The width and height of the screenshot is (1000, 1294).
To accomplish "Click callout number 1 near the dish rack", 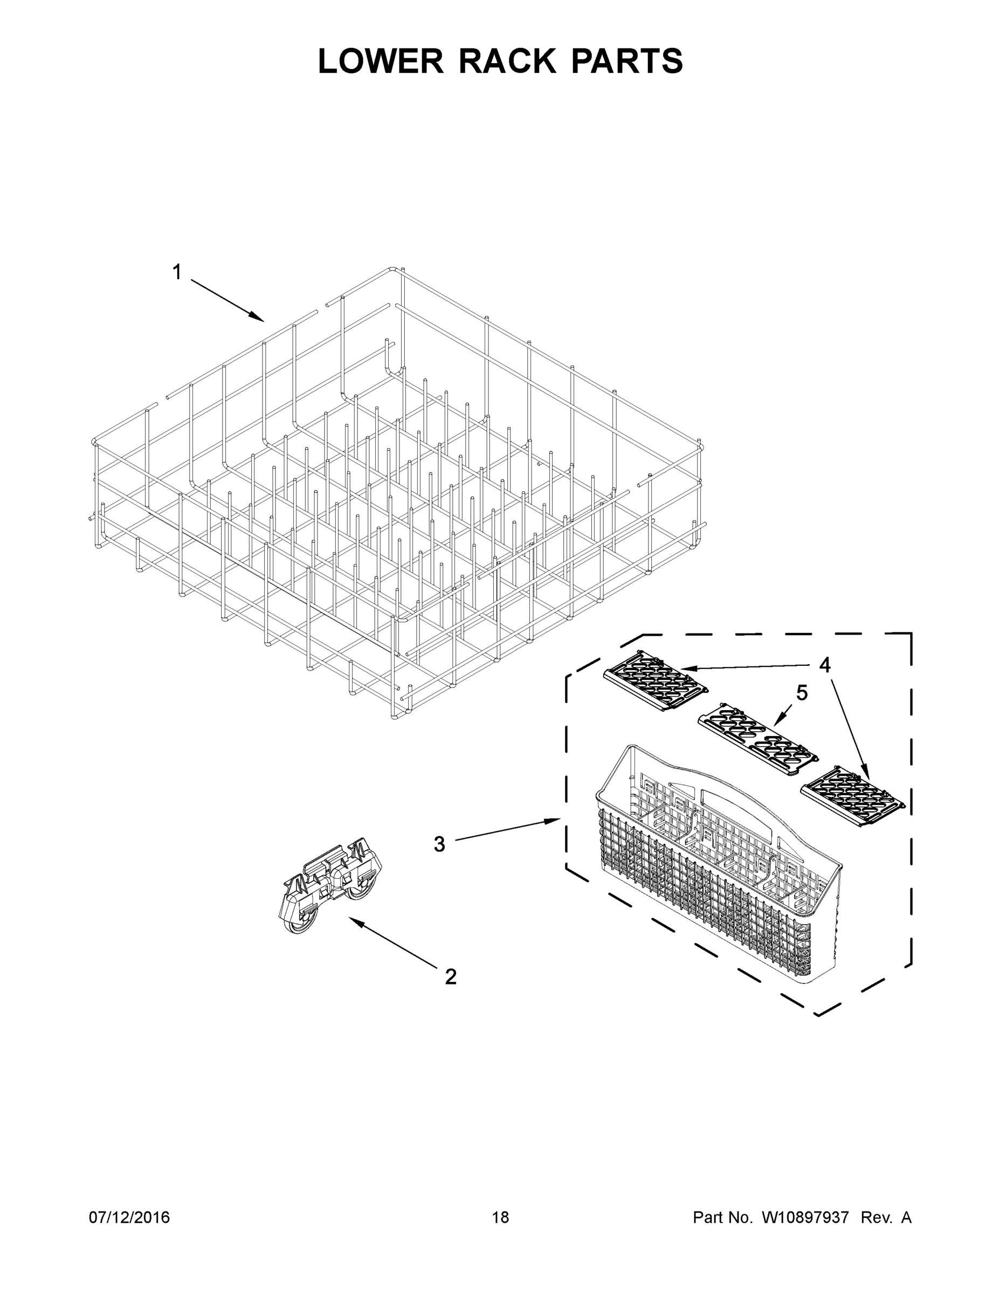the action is click(x=176, y=272).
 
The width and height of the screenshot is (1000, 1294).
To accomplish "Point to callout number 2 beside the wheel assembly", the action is click(x=451, y=977).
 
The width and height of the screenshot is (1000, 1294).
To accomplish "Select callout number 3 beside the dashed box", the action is click(x=439, y=844).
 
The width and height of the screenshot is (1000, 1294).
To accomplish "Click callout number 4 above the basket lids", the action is click(x=825, y=665).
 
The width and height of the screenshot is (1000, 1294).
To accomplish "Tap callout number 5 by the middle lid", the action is click(x=802, y=693).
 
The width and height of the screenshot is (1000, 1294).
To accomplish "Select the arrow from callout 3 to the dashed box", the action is click(x=507, y=829).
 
